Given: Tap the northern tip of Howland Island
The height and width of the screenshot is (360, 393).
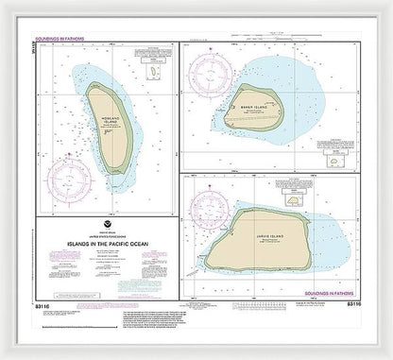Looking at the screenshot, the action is (95, 83).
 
